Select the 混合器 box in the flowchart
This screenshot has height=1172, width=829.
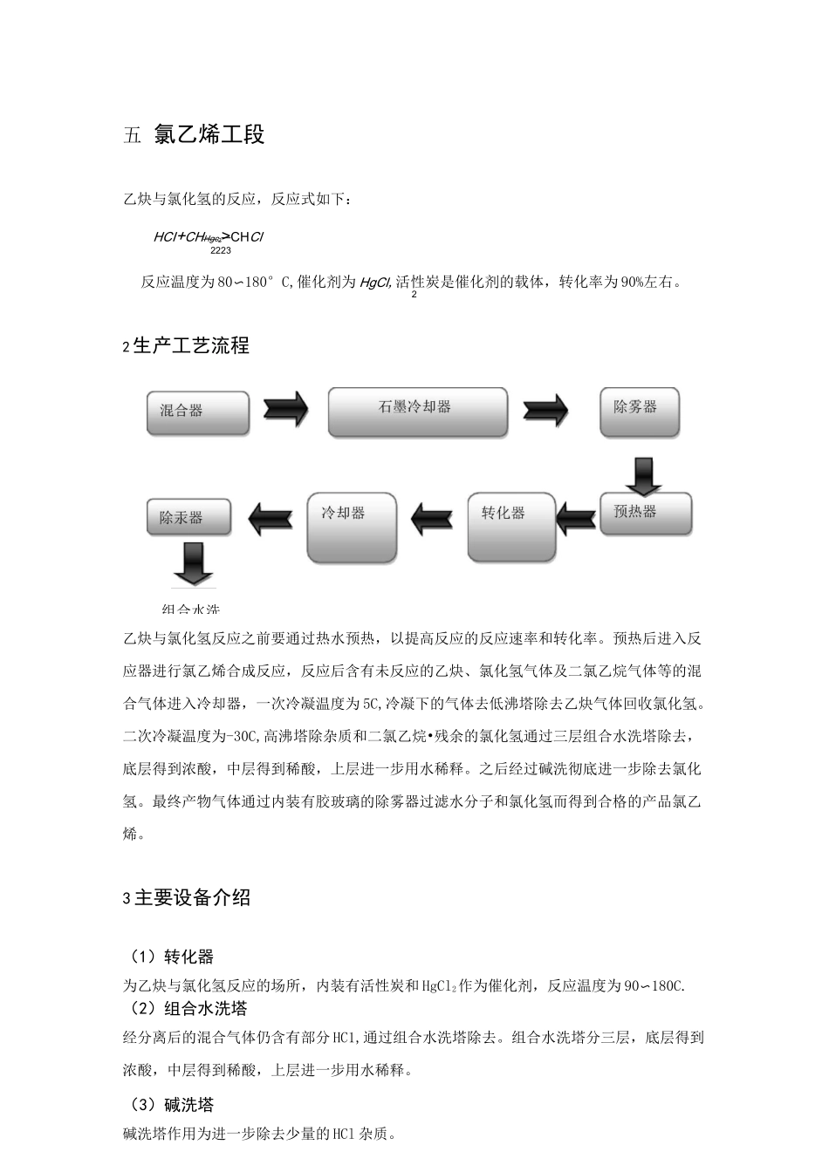198,412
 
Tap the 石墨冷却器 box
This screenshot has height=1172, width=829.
417,412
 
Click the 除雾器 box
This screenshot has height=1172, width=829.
640,412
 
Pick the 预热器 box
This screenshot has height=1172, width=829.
646,514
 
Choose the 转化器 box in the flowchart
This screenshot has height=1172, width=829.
511,527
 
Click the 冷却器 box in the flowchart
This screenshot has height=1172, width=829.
352,527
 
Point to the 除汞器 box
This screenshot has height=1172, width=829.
188,517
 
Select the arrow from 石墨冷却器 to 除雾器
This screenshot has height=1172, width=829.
545,408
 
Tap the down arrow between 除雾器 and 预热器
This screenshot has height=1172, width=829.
644,474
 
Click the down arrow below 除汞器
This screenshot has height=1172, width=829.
192,563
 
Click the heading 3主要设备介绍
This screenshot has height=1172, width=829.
187,897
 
